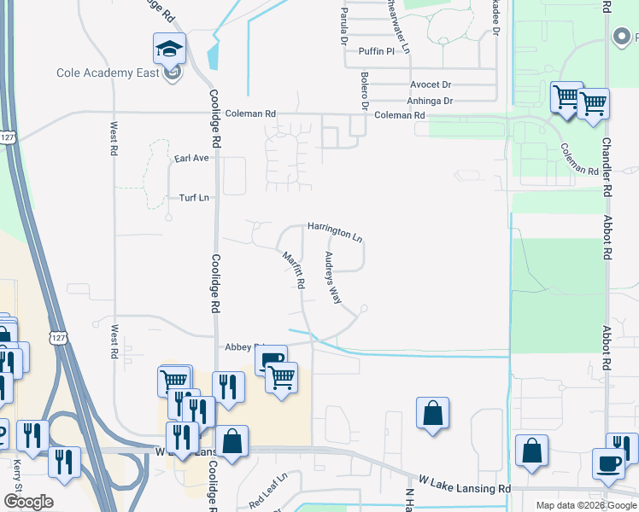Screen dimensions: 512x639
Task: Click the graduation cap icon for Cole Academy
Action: [x=169, y=49]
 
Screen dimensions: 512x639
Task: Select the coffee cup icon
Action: [x=608, y=463]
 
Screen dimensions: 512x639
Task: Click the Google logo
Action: [x=28, y=502]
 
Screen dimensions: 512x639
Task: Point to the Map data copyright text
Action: [x=586, y=505]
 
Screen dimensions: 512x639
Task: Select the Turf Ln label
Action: [x=194, y=198]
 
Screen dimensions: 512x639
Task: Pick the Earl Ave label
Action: [x=191, y=158]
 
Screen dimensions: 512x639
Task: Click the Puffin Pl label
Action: [x=377, y=51]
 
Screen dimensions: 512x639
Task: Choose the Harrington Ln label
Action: [x=335, y=231]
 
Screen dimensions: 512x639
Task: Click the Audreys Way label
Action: [x=331, y=277]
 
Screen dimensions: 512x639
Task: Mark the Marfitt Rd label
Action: [x=294, y=268]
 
